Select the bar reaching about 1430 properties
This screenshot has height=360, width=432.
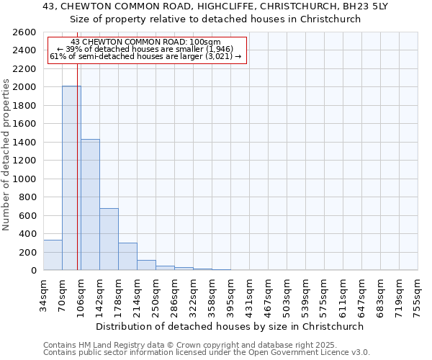(x=90, y=204)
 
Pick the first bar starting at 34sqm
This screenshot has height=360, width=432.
(x=53, y=255)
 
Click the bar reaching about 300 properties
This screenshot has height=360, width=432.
(x=127, y=256)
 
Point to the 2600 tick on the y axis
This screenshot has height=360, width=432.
(x=25, y=32)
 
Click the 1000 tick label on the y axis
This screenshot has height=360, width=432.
(x=25, y=179)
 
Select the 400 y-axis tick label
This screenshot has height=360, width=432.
(x=28, y=234)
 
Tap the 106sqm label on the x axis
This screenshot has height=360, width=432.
(x=81, y=293)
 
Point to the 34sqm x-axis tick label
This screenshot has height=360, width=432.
(x=43, y=292)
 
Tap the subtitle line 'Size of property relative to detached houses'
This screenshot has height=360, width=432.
(x=216, y=19)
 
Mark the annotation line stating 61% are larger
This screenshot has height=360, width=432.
(x=147, y=57)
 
